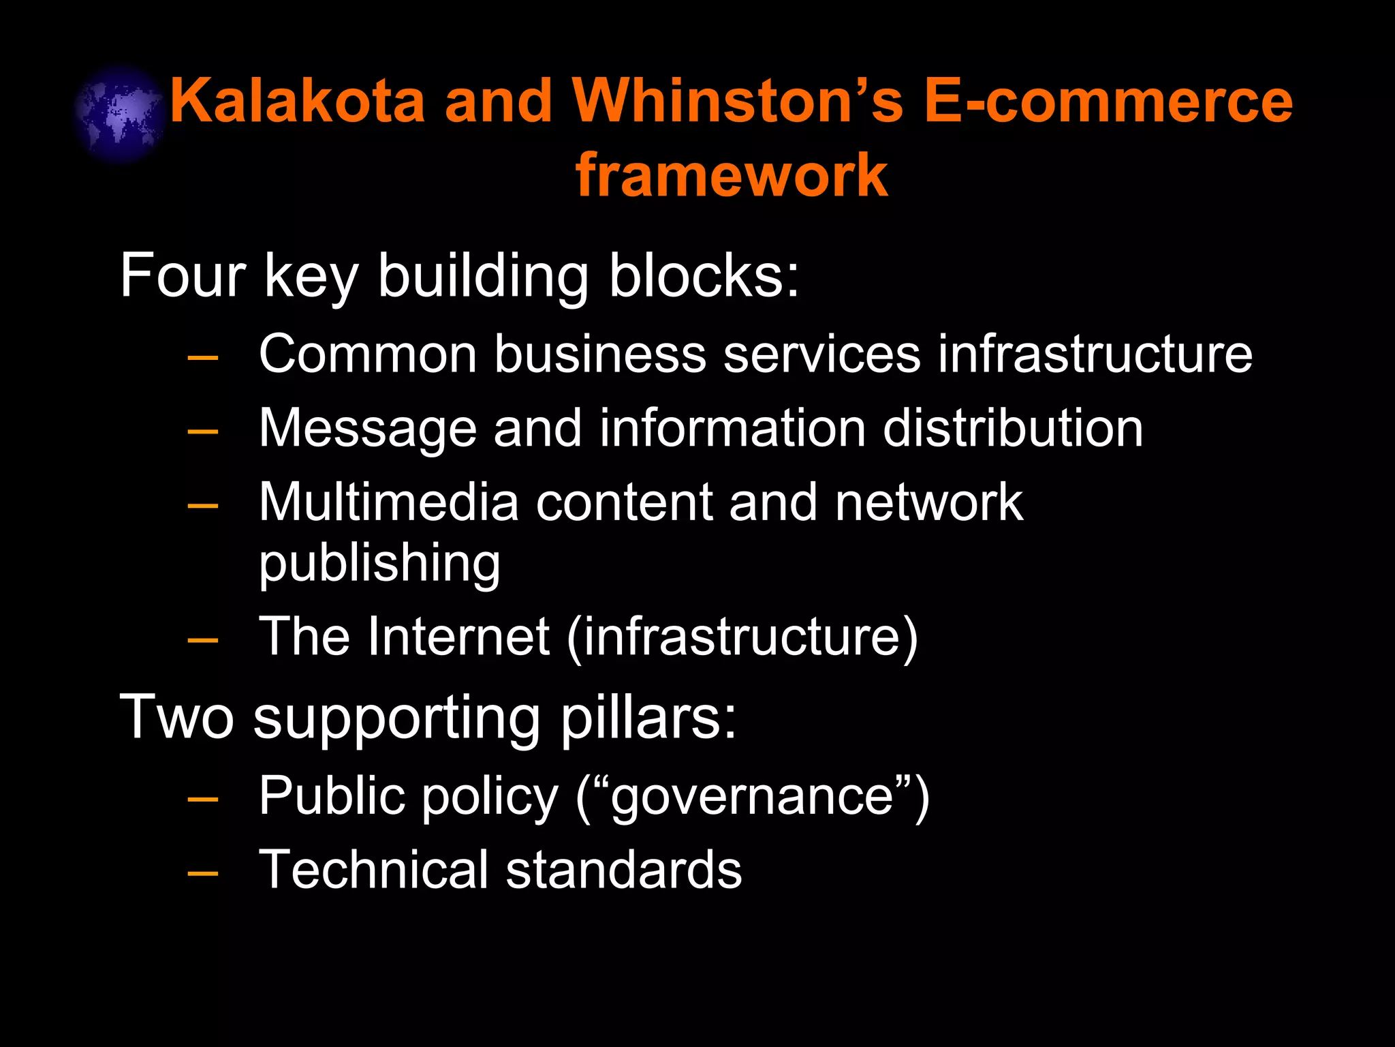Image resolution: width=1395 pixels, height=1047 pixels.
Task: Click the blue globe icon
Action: click(120, 114)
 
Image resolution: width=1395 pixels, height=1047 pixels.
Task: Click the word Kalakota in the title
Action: click(297, 101)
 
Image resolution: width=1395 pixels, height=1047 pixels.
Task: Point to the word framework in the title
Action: click(732, 175)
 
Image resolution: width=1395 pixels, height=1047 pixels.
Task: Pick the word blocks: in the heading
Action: click(704, 275)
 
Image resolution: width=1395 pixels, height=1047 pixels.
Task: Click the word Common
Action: click(368, 354)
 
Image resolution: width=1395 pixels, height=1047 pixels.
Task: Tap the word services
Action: click(821, 354)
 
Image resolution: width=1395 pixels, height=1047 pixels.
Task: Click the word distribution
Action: click(1013, 429)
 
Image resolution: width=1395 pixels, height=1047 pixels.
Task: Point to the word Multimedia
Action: click(389, 502)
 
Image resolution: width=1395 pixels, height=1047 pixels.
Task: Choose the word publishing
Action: click(379, 564)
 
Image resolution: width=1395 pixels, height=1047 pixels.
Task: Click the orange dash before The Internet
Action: click(203, 639)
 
